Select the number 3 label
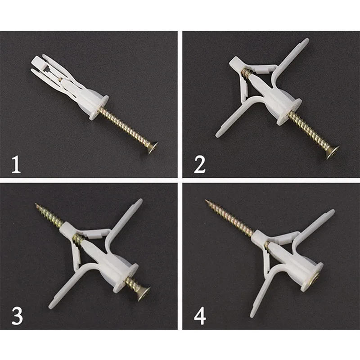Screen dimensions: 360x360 (17, 315)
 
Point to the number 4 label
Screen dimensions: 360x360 (200, 315)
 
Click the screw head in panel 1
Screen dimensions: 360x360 (152, 148)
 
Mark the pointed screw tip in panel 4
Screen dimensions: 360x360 (207, 202)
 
